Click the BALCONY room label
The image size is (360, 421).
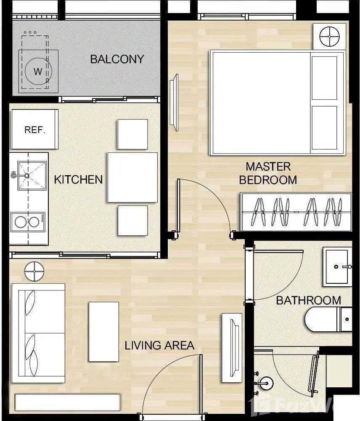[x=117, y=59]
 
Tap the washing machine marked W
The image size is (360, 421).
[x=38, y=71]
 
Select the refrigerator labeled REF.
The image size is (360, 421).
[x=34, y=129]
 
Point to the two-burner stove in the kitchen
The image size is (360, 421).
[x=27, y=222]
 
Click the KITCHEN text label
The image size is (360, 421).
[x=78, y=179]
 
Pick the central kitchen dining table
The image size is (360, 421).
[x=132, y=177]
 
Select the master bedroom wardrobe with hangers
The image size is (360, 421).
[x=296, y=212]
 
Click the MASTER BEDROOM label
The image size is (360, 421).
[x=268, y=173]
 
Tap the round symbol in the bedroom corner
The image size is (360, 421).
[x=329, y=37]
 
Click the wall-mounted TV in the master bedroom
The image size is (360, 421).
[x=174, y=102]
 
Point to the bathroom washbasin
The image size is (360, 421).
[x=337, y=266]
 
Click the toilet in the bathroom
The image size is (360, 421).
[x=328, y=319]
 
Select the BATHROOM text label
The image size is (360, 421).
[x=308, y=300]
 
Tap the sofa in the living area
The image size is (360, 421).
[x=38, y=333]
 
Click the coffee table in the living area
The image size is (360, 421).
[x=103, y=331]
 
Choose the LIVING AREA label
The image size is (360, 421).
[x=159, y=346]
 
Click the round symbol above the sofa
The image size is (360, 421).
[x=34, y=271]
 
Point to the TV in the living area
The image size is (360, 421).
[x=232, y=347]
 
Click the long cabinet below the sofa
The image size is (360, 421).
[x=68, y=402]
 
